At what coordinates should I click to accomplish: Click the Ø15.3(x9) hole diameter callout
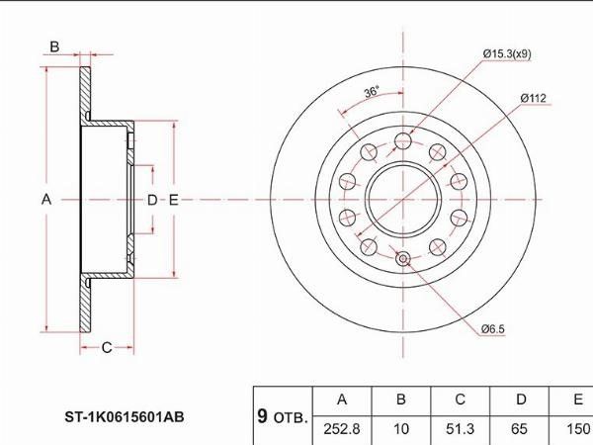(x=507, y=54)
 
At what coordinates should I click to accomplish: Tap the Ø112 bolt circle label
(x=534, y=98)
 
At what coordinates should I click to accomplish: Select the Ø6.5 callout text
(x=493, y=329)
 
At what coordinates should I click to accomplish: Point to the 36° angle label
(x=372, y=92)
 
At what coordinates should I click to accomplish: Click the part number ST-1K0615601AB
(x=125, y=417)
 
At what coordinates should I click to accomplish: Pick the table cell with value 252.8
(x=342, y=429)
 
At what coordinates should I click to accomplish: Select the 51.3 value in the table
(x=460, y=429)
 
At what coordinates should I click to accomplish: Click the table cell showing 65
(x=519, y=429)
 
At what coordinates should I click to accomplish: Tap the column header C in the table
(x=460, y=400)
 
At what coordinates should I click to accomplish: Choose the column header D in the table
(x=521, y=400)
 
